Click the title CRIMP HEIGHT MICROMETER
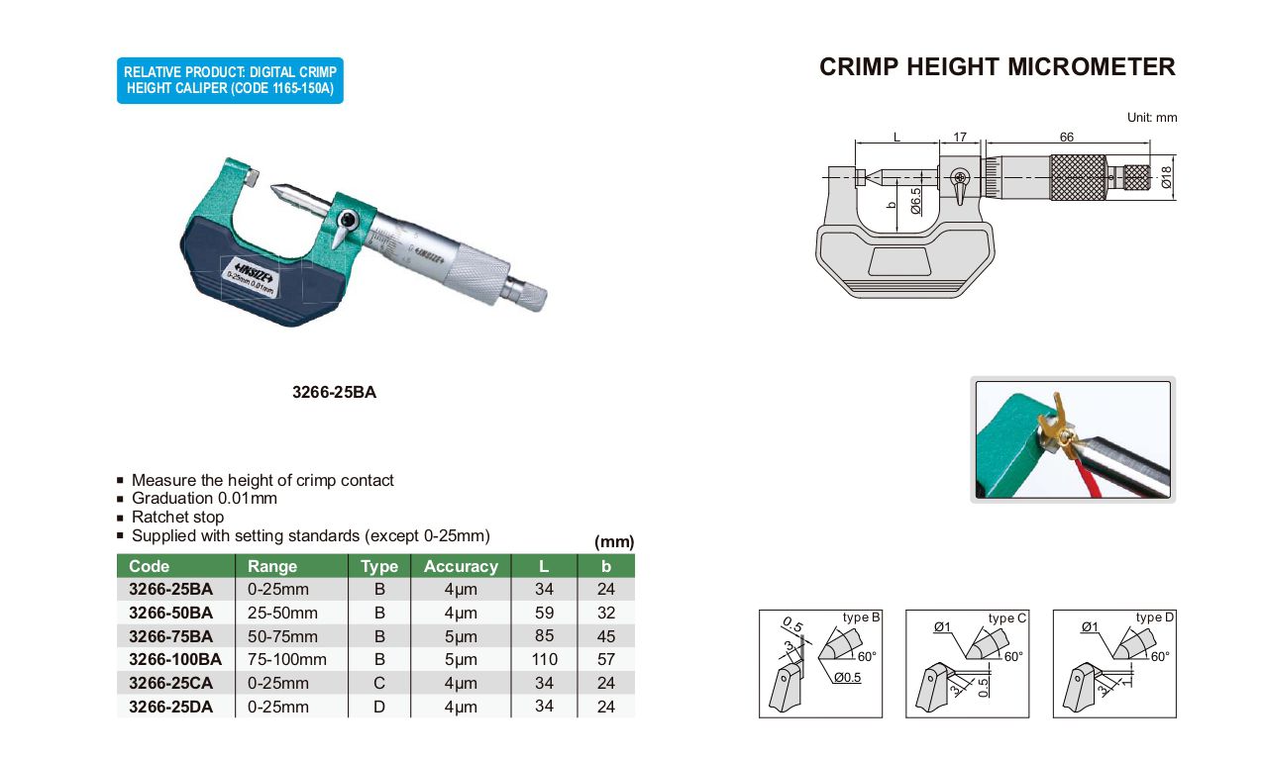coord(998,67)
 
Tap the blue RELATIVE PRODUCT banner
coord(230,80)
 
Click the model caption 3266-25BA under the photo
coord(334,393)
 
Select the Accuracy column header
coord(461,566)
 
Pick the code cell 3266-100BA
coord(175,660)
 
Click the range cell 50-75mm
coord(282,636)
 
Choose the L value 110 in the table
coord(544,660)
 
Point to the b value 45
coord(606,636)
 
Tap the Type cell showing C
coord(379,684)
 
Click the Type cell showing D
coord(379,707)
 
